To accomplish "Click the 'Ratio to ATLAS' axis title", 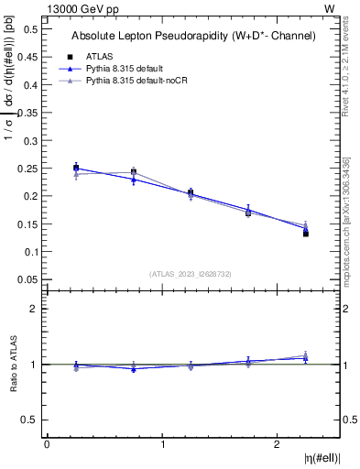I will coord(12,364).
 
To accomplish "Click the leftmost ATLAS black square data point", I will coord(76,169).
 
